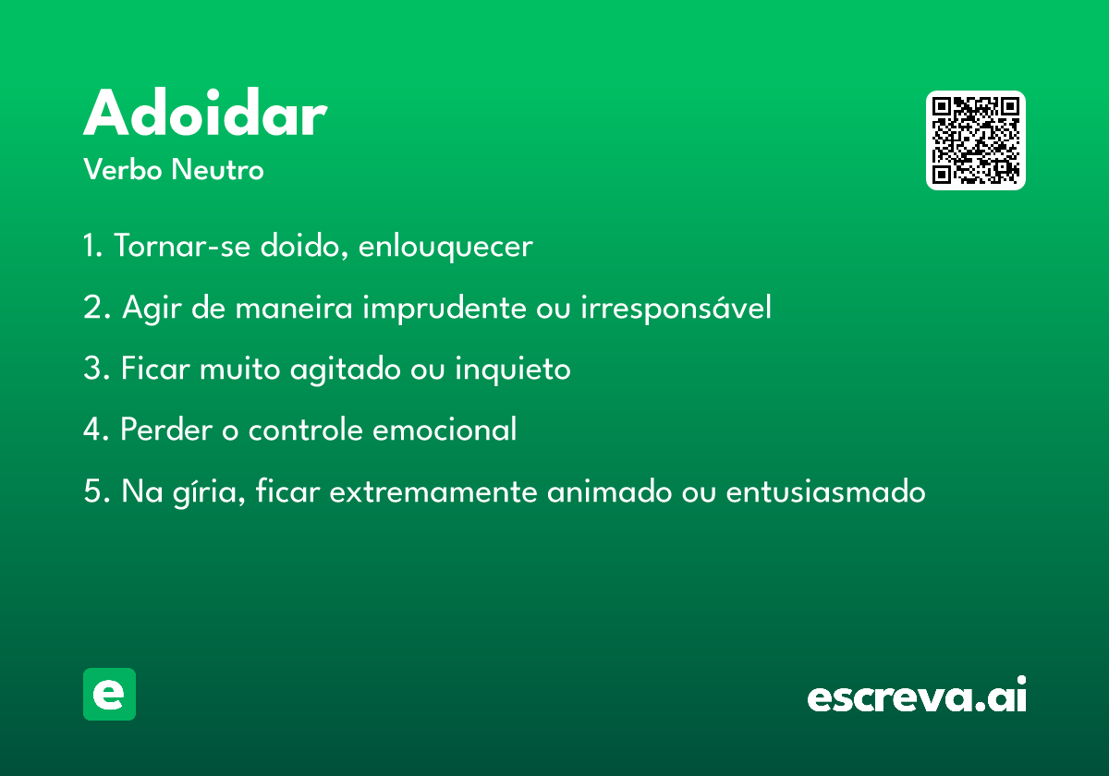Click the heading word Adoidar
point(205,112)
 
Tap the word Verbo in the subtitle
point(123,169)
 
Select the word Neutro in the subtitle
point(217,169)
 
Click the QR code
point(975,140)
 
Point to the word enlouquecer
point(445,247)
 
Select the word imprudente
point(445,309)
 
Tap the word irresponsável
point(676,308)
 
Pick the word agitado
point(345,370)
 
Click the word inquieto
point(512,370)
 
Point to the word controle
point(305,429)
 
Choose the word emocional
point(445,429)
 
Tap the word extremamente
point(433,492)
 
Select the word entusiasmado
point(825,491)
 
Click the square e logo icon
point(109,694)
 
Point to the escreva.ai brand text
point(917,695)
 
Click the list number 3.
point(94,369)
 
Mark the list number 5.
point(94,491)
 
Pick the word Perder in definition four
point(167,429)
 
